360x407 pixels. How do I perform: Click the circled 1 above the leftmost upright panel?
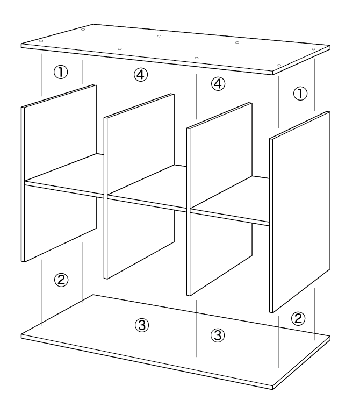(61, 72)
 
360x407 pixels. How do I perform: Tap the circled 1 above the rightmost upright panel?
(300, 94)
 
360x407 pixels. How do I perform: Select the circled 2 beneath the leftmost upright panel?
(61, 280)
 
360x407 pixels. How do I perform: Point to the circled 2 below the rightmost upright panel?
(298, 318)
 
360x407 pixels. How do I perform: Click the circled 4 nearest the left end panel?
(141, 75)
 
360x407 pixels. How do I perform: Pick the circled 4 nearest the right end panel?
(218, 84)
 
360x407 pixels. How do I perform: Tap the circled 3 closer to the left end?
(142, 325)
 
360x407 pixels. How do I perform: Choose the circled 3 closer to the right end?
(218, 335)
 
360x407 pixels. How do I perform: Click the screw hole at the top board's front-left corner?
(41, 41)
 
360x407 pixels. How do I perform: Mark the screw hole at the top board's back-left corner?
(83, 30)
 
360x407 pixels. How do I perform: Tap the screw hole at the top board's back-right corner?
(313, 49)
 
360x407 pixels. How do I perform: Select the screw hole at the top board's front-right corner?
(279, 65)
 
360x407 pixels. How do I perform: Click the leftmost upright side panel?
(59, 173)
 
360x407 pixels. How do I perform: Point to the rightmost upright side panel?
(300, 212)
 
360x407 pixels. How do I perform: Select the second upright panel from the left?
(139, 186)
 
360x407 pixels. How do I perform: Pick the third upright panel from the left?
(219, 199)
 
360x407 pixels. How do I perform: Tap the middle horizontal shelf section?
(147, 188)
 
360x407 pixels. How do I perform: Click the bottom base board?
(176, 342)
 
